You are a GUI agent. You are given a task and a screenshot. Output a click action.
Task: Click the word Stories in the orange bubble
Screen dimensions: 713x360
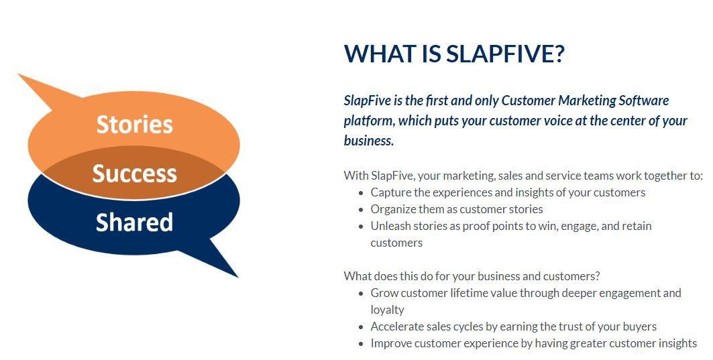click(x=135, y=125)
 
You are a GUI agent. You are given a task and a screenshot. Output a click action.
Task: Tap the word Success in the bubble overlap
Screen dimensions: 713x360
click(x=135, y=174)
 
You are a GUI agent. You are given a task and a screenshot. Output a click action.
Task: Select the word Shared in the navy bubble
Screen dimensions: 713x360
click(x=135, y=223)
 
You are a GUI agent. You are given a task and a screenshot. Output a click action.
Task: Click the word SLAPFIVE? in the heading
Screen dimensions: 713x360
click(x=505, y=54)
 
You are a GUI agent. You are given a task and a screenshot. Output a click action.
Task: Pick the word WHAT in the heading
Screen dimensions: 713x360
click(x=379, y=54)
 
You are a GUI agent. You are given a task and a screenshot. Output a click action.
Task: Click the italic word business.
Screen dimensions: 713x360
click(x=368, y=141)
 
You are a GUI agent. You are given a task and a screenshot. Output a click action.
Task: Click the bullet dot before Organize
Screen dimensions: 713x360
click(x=361, y=210)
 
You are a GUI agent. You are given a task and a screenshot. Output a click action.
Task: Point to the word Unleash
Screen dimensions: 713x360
click(x=391, y=226)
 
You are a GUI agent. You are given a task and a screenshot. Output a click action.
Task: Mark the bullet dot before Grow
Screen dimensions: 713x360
click(x=361, y=293)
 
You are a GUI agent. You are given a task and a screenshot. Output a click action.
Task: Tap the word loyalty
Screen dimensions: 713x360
click(x=388, y=310)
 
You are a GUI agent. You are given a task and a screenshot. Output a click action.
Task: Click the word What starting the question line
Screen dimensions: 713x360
click(x=358, y=276)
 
